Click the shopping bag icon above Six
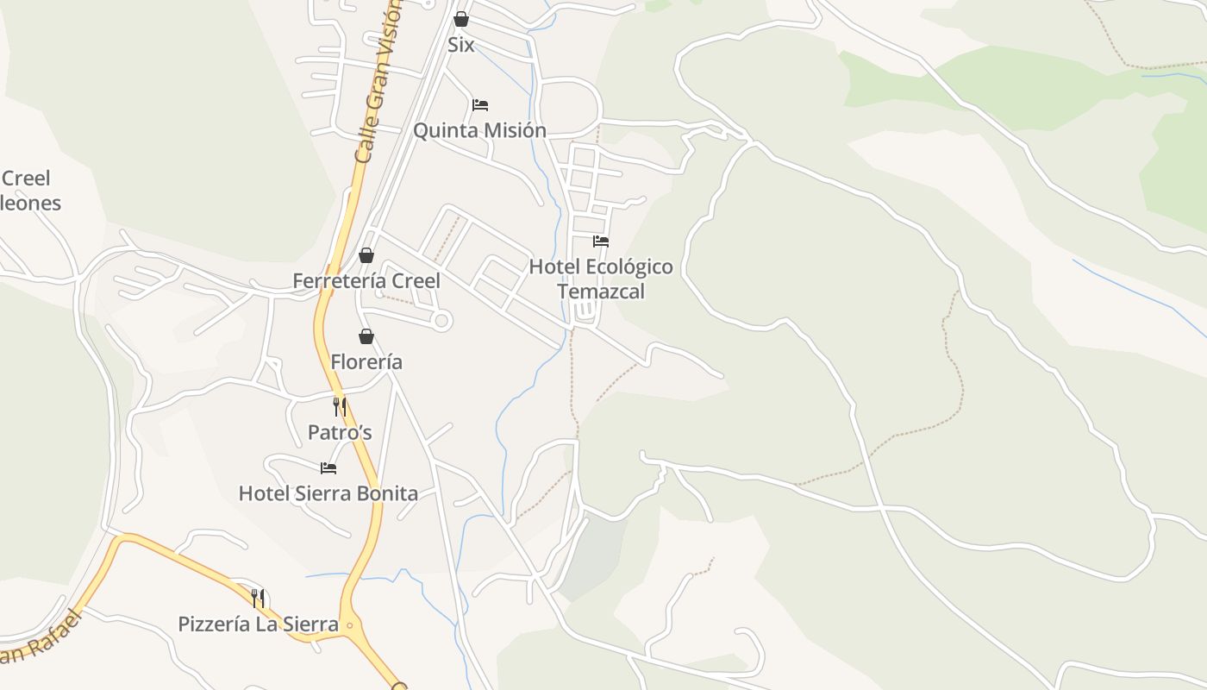point(461,19)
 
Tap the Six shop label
point(461,45)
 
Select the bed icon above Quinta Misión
point(480,105)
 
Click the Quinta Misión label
point(479,130)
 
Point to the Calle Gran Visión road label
point(378,82)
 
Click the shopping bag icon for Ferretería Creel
point(366,255)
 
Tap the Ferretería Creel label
point(366,281)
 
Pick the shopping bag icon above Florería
point(366,336)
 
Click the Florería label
point(366,362)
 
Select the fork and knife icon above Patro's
point(340,407)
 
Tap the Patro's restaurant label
point(340,432)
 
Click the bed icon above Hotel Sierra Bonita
point(328,468)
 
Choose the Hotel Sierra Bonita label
point(328,493)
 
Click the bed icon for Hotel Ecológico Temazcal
point(601,241)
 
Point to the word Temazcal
point(601,292)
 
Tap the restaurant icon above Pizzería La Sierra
point(258,598)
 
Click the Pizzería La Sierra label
point(258,624)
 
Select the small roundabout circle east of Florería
point(441,321)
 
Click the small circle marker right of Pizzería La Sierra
point(349,625)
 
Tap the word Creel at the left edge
point(26,179)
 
